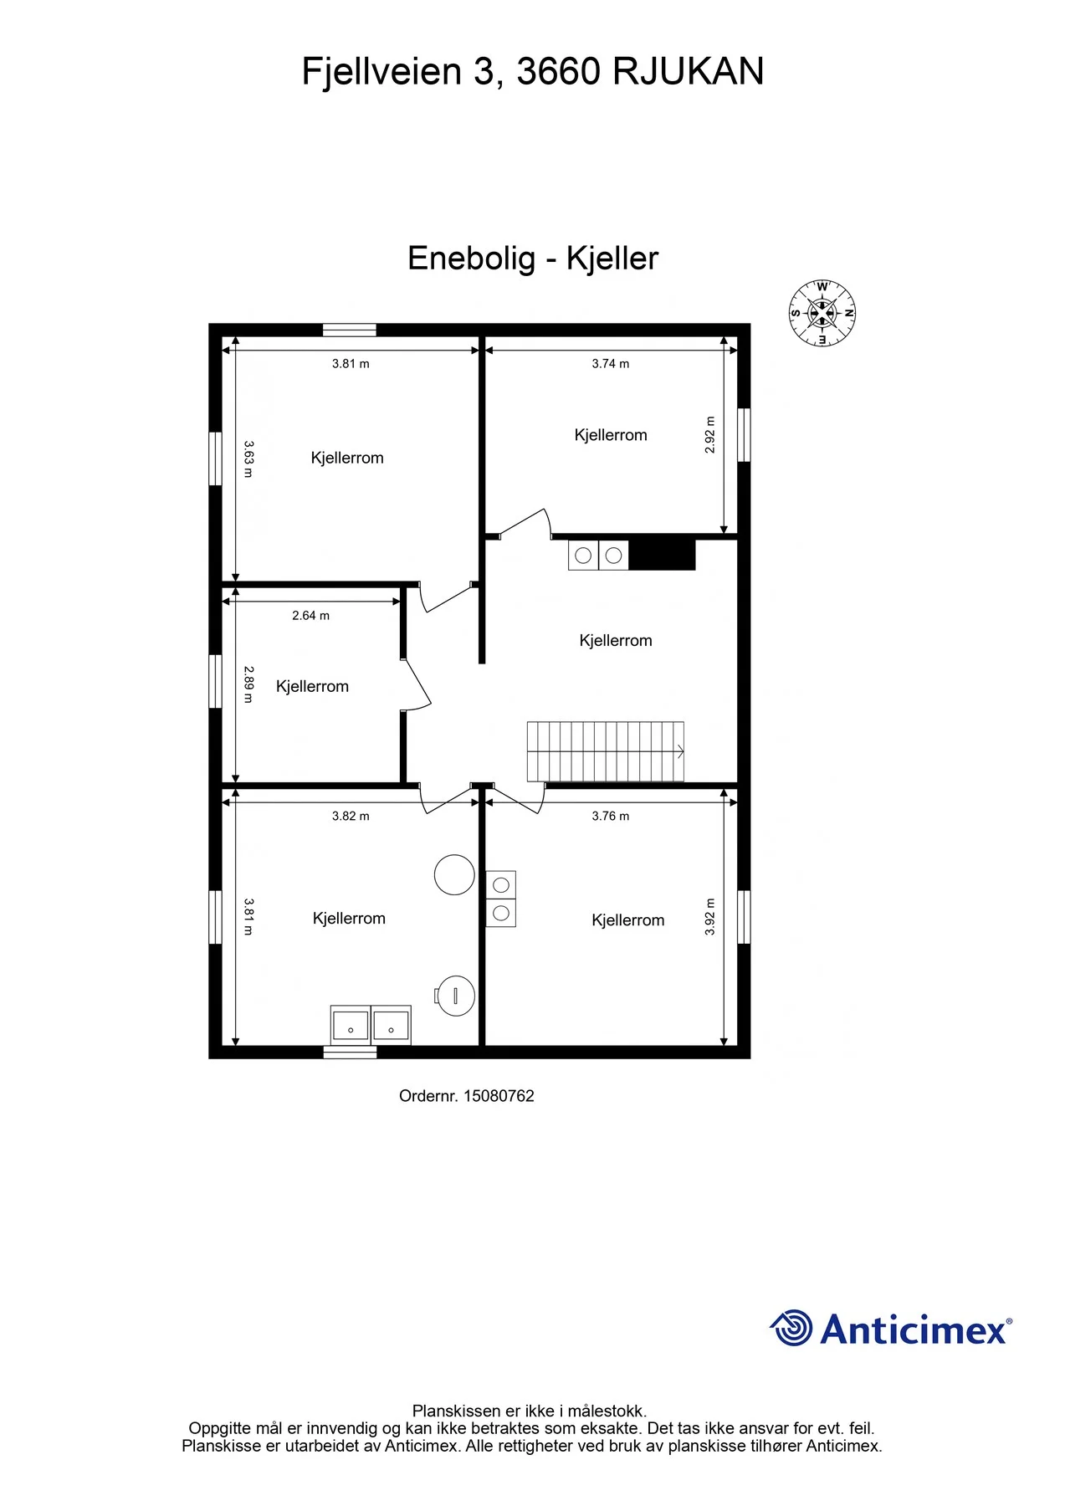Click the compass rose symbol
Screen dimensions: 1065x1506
coord(822,314)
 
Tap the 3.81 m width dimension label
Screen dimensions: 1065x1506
coord(351,364)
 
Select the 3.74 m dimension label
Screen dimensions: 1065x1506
coord(611,364)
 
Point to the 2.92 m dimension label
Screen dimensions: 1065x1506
coord(710,435)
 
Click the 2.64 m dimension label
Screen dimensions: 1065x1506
coord(310,616)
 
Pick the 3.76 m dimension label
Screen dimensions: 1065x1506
coord(611,817)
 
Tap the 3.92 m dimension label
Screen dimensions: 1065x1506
coord(710,917)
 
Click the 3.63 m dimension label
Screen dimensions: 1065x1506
coord(248,459)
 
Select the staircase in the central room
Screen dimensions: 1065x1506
coord(606,751)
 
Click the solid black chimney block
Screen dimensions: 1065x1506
coord(662,555)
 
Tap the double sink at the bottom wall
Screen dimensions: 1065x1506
coord(371,1025)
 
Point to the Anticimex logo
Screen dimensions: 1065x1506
coord(891,1329)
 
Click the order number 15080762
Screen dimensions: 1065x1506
coord(499,1096)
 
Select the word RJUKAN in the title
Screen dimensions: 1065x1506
coord(689,72)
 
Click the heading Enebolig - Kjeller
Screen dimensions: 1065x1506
coord(533,259)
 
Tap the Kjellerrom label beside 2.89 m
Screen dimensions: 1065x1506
coord(312,687)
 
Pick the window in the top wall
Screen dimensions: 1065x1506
coord(350,330)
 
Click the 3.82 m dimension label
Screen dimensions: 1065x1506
coord(351,817)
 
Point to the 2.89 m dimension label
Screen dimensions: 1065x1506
coord(248,684)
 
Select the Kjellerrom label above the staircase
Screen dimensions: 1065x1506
coord(616,641)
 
